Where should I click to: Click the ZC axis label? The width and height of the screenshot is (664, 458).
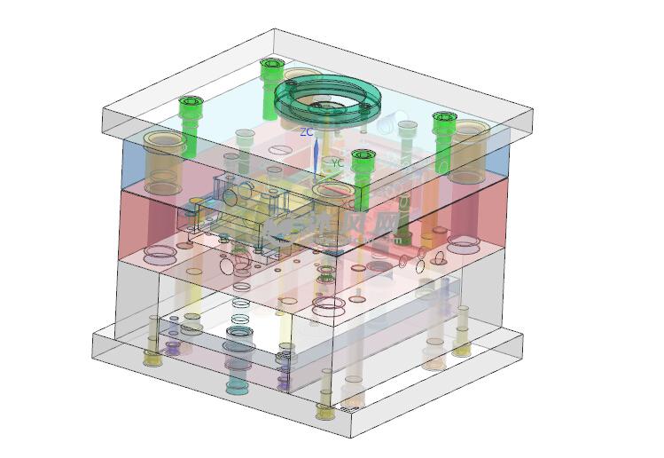coord(306,131)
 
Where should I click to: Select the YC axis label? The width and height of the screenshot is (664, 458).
coord(337,162)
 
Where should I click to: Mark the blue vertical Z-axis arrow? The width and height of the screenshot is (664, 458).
coord(315,153)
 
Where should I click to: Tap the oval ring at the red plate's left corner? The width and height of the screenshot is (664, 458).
coord(160,257)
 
